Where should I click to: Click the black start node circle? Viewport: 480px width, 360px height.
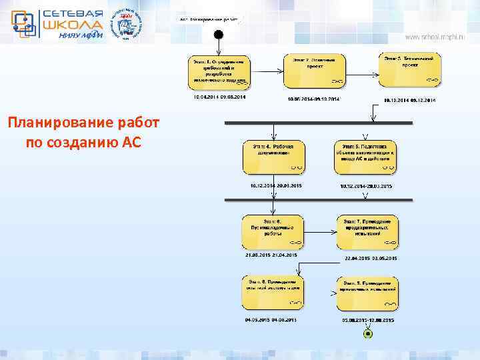(219, 35)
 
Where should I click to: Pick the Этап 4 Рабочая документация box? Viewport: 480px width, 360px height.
(273, 157)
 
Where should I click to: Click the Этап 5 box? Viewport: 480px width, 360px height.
(365, 157)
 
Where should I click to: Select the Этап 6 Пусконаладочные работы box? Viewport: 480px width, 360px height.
(273, 231)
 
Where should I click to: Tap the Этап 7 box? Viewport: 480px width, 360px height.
(368, 231)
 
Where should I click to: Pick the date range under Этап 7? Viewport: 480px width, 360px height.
(370, 258)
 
